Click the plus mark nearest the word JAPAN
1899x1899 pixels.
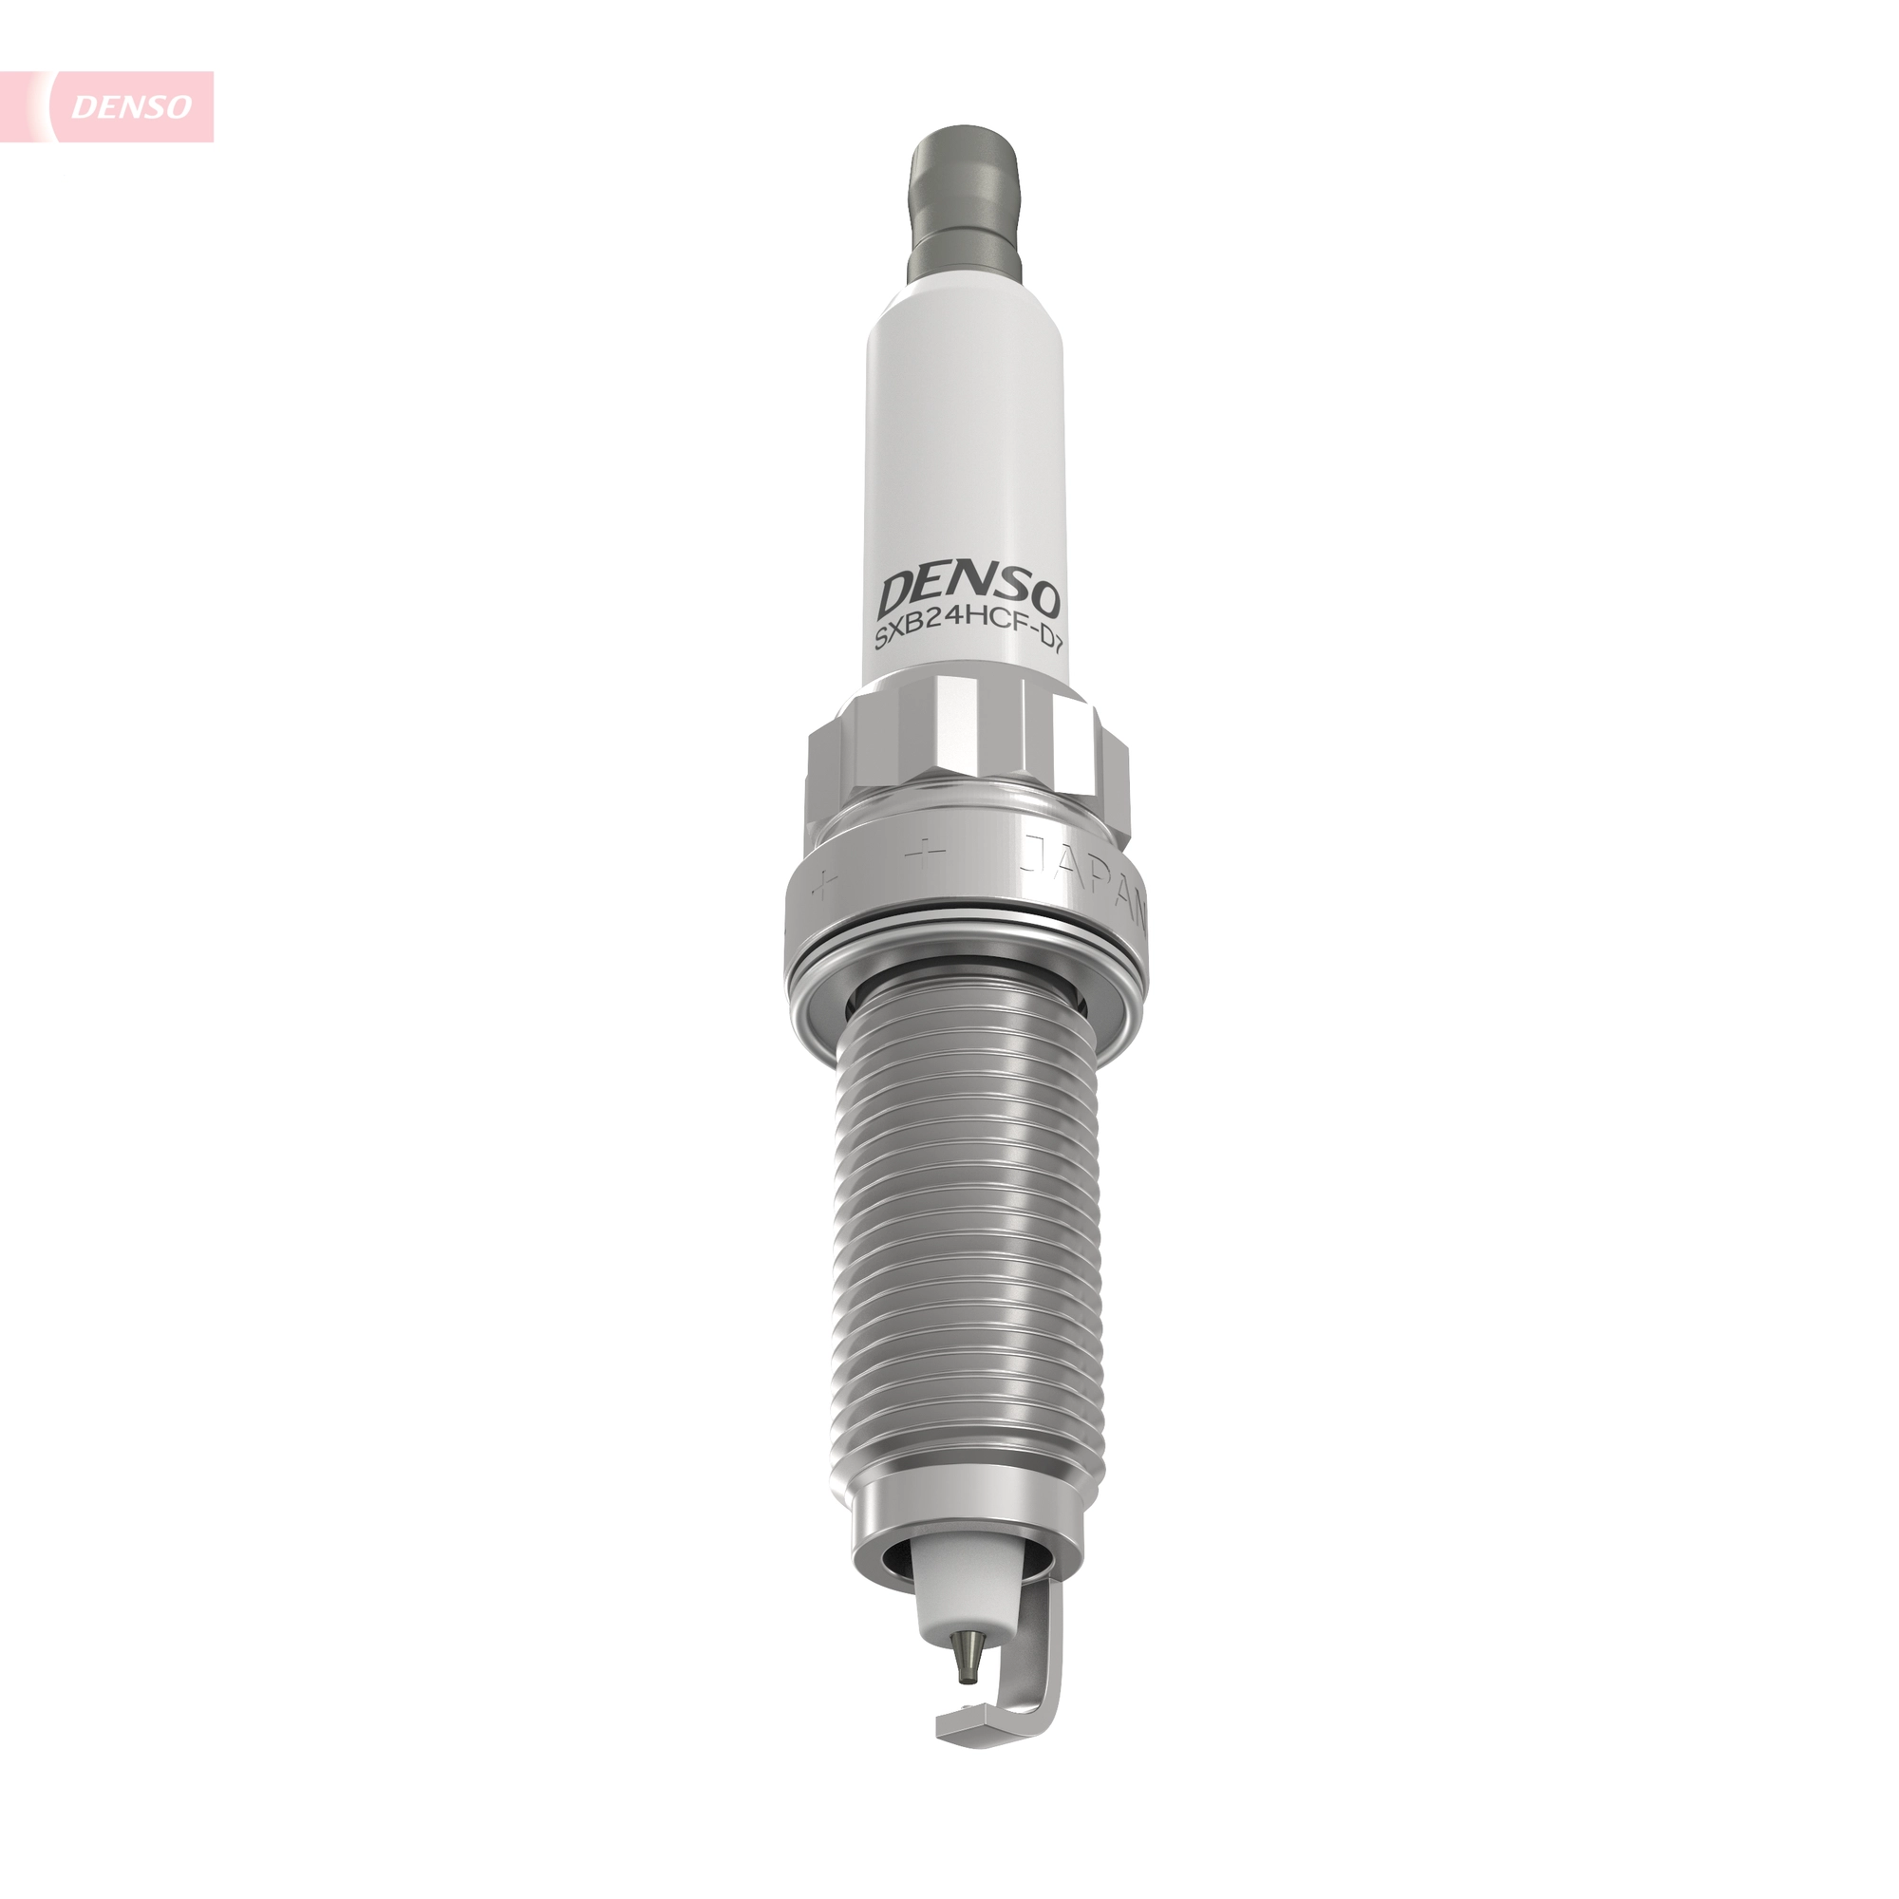pyautogui.click(x=926, y=854)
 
